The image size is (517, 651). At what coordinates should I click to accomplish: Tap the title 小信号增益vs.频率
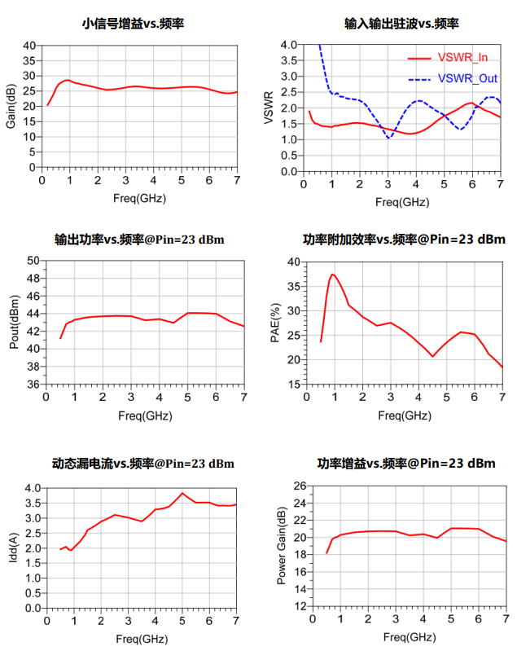(133, 24)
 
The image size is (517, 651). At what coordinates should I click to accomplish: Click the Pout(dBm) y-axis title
(14, 323)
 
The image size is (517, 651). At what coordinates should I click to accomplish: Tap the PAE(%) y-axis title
(275, 323)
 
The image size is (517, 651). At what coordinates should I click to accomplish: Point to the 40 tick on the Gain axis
(29, 46)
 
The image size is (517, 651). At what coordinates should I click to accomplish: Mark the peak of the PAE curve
(332, 275)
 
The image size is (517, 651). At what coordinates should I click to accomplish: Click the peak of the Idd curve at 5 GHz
(182, 493)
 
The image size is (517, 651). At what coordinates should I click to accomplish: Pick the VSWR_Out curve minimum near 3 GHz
(388, 138)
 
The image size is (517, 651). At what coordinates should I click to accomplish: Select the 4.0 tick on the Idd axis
(29, 488)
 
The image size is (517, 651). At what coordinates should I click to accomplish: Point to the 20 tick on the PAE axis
(293, 359)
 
